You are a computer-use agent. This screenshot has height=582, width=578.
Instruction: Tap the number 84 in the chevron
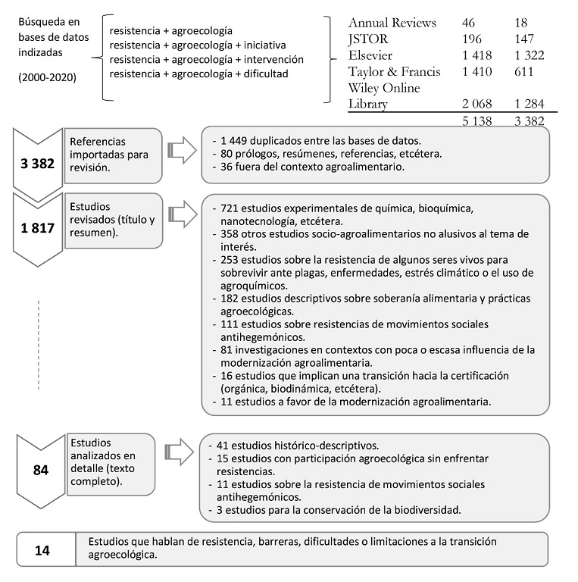pyautogui.click(x=41, y=470)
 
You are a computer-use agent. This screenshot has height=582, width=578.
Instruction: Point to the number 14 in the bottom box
pyautogui.click(x=43, y=550)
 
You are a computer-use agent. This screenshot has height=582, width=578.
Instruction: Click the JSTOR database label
pyautogui.click(x=371, y=39)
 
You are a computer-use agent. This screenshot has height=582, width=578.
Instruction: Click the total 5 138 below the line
pyautogui.click(x=476, y=120)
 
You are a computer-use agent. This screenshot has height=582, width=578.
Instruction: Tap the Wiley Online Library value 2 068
pyautogui.click(x=476, y=104)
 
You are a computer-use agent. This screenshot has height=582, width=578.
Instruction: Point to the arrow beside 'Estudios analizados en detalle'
pyautogui.click(x=180, y=453)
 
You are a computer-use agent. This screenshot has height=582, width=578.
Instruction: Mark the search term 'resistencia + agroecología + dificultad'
pyautogui.click(x=199, y=73)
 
